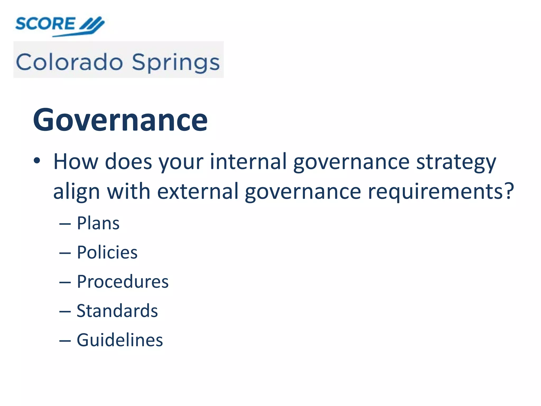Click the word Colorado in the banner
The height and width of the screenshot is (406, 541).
pyautogui.click(x=69, y=62)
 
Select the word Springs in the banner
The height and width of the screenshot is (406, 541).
pyautogui.click(x=176, y=63)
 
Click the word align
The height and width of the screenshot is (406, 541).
pyautogui.click(x=77, y=191)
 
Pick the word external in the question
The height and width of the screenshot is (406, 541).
pyautogui.click(x=198, y=191)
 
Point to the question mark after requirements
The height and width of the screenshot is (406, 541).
pyautogui.click(x=509, y=190)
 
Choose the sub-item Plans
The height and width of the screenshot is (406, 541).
pyautogui.click(x=98, y=223)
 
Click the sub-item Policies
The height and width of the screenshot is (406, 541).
pyautogui.click(x=107, y=252)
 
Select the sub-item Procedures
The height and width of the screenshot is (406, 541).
pyautogui.click(x=123, y=282)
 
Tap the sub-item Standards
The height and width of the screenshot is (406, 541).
pyautogui.click(x=117, y=311)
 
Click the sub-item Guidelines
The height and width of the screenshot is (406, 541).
pyautogui.click(x=120, y=340)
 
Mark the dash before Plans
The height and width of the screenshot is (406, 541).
pyautogui.click(x=65, y=224)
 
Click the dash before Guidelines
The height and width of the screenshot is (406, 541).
pyautogui.click(x=65, y=341)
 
